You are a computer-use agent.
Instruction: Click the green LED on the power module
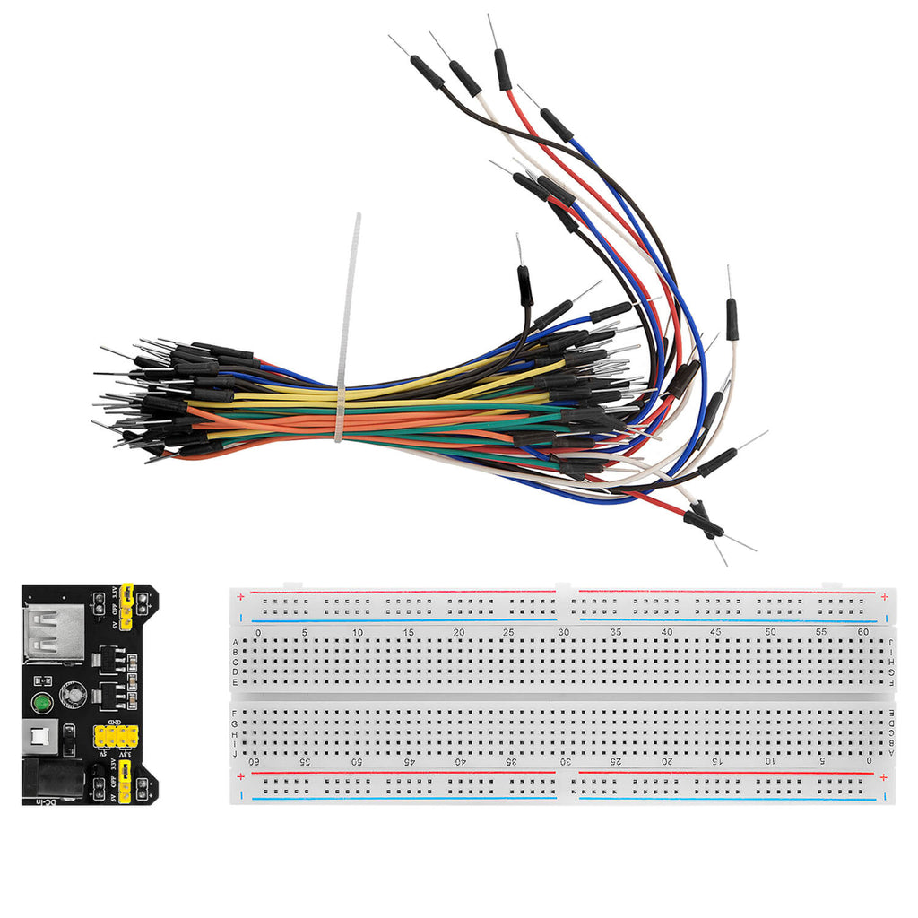[40, 703]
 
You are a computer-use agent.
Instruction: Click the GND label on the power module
[116, 722]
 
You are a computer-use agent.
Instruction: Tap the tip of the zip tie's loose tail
[357, 216]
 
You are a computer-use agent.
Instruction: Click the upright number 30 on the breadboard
[564, 633]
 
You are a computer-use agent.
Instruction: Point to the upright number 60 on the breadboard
[862, 633]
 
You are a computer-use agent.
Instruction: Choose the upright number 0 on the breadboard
[258, 633]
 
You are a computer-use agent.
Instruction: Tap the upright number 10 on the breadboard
[358, 633]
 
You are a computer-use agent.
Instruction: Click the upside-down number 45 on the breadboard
[410, 761]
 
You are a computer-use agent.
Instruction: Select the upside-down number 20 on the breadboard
[667, 761]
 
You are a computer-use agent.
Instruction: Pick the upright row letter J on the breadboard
[235, 754]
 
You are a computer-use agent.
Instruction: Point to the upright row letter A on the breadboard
[235, 642]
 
